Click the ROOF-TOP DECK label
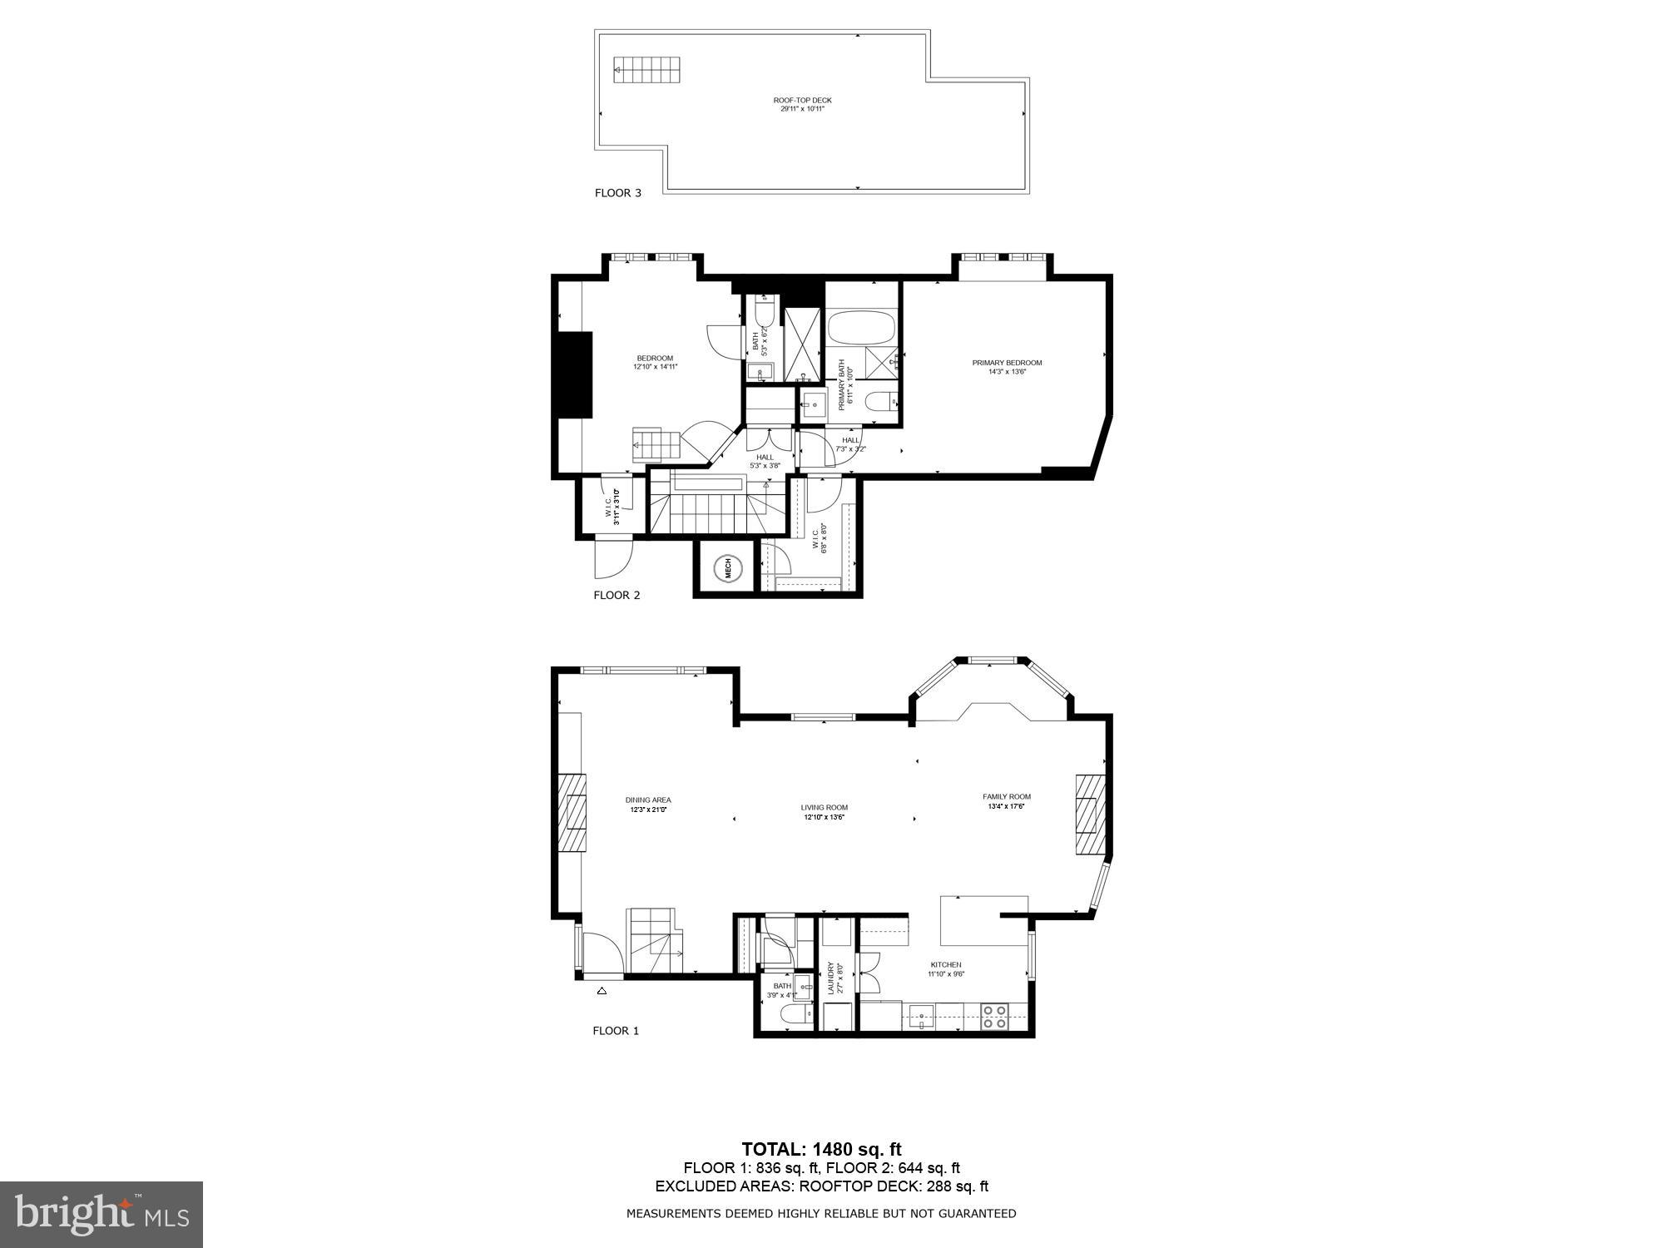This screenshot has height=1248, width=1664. tap(802, 104)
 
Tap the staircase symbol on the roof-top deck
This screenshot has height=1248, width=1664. tap(647, 70)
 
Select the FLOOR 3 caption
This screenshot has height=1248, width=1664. tap(617, 193)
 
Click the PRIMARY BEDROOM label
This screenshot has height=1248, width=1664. tap(1007, 367)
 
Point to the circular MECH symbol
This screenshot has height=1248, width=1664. tap(727, 568)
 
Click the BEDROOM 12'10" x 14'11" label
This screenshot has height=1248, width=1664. tap(655, 362)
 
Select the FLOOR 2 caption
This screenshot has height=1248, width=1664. tap(617, 595)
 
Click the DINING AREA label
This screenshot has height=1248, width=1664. tap(648, 805)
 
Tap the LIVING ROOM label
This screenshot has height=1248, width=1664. tap(824, 812)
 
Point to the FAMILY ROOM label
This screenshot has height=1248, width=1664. tap(1007, 801)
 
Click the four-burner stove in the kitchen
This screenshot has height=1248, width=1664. tap(994, 1017)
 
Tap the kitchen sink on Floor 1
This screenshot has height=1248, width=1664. tap(921, 1017)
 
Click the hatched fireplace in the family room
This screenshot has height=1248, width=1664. tap(1088, 815)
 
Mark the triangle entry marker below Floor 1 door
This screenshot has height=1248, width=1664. tap(602, 991)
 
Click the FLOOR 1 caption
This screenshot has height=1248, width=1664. tap(616, 1031)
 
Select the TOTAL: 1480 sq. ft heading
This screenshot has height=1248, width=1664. tap(821, 1149)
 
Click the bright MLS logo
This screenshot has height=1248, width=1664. tap(102, 1215)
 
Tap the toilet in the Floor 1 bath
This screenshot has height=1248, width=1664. tap(794, 1015)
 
